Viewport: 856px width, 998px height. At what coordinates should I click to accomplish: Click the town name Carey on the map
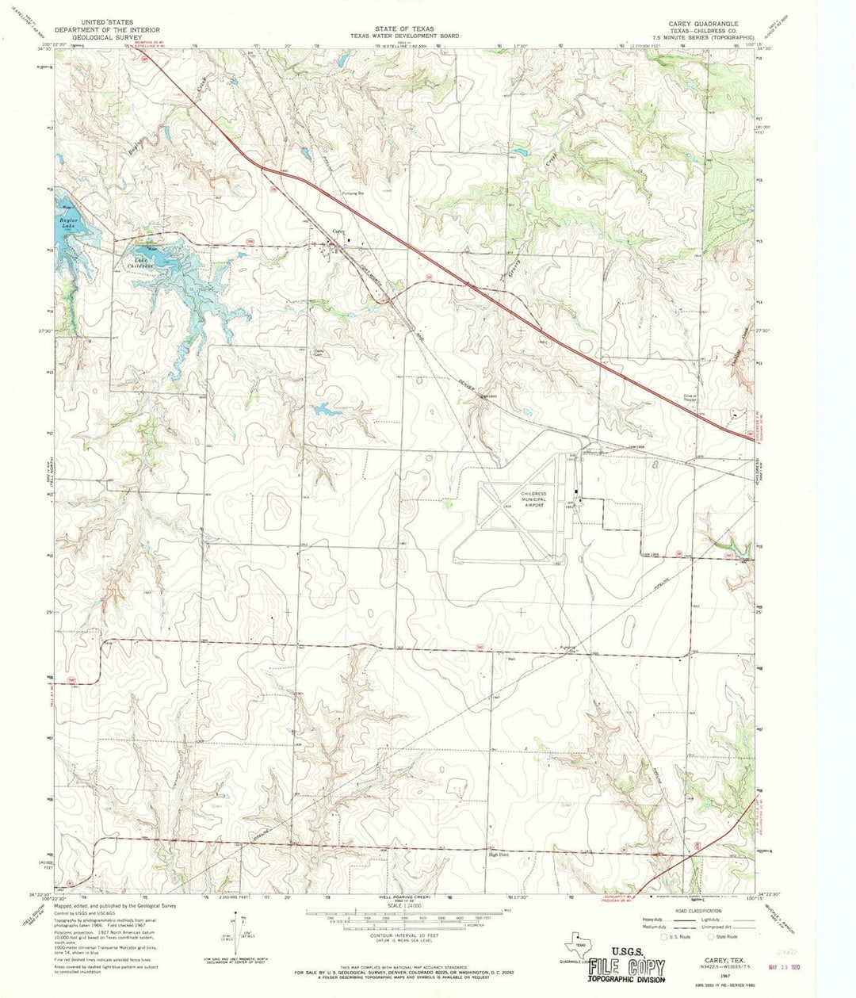338,231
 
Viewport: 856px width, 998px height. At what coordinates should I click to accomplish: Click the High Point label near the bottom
498,855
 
